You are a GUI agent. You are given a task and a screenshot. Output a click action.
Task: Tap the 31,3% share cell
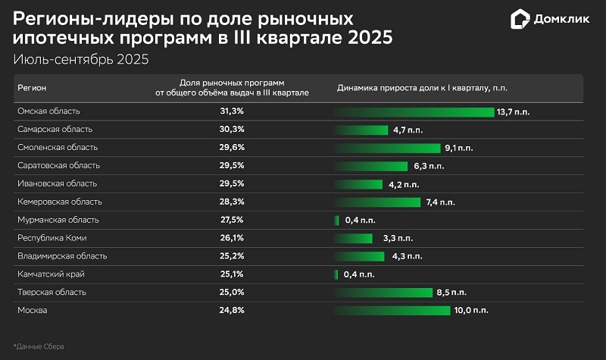(x=231, y=111)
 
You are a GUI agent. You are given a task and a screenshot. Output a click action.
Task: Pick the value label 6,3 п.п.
(x=429, y=165)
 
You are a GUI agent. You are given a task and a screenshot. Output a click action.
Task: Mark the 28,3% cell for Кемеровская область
(x=231, y=202)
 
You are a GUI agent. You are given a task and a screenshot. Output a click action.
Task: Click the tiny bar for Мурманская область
(x=337, y=220)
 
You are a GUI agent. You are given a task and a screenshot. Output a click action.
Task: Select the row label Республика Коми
(x=48, y=238)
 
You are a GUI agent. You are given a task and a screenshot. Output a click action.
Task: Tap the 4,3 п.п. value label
(x=408, y=256)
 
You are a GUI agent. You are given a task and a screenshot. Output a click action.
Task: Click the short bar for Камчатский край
(x=337, y=274)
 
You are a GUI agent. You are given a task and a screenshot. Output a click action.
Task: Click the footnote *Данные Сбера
(x=39, y=346)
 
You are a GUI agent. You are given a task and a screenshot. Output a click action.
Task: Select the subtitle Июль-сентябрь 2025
(x=81, y=58)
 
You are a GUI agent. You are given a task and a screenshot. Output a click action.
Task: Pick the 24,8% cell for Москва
(x=231, y=310)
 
